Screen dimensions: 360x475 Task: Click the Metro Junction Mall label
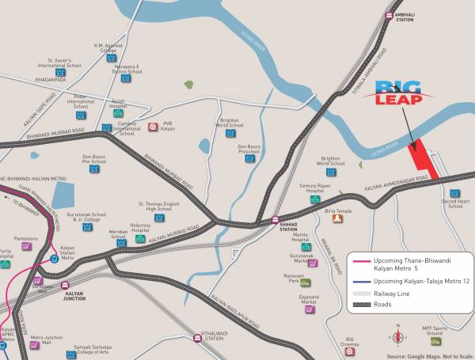point(47,340)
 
